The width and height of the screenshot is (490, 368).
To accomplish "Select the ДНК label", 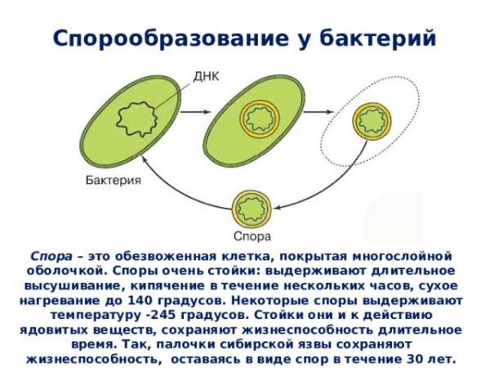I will click(205, 79).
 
